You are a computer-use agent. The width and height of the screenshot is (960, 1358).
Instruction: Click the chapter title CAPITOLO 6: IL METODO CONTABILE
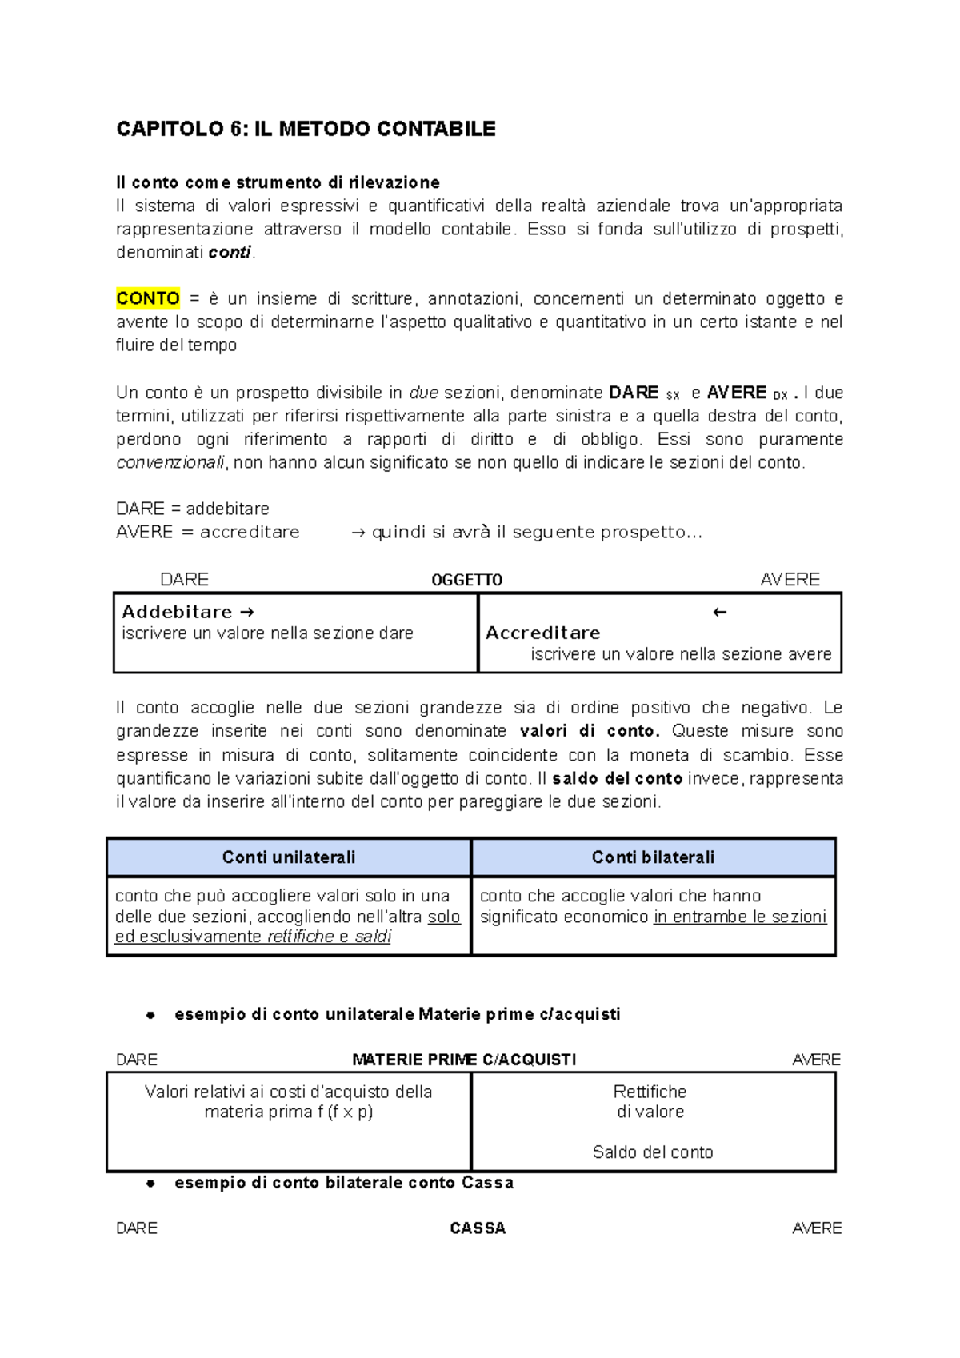pyautogui.click(x=306, y=129)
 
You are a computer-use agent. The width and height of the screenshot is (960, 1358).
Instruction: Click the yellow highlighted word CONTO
pyautogui.click(x=148, y=298)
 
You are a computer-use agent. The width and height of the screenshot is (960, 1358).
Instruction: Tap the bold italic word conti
pyautogui.click(x=230, y=253)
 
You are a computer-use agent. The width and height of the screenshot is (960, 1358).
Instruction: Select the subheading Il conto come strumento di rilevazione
pyautogui.click(x=278, y=182)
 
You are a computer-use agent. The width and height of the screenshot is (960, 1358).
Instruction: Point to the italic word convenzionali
pyautogui.click(x=170, y=462)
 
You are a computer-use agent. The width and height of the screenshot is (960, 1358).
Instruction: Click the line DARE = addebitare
pyautogui.click(x=192, y=509)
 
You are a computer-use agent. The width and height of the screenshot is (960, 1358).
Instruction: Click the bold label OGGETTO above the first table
pyautogui.click(x=466, y=580)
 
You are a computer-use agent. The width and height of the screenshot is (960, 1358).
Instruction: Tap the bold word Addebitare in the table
pyautogui.click(x=177, y=612)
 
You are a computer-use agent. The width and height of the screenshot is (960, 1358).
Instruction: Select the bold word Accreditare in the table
pyautogui.click(x=542, y=633)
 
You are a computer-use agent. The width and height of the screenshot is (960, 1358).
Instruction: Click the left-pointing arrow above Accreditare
pyautogui.click(x=719, y=613)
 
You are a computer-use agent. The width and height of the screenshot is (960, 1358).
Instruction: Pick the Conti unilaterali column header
pyautogui.click(x=288, y=857)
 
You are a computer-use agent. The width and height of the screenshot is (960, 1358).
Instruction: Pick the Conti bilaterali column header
pyautogui.click(x=653, y=857)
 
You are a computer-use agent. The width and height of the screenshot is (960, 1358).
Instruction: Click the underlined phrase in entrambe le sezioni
pyautogui.click(x=740, y=917)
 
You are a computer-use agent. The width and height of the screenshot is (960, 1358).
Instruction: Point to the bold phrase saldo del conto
pyautogui.click(x=617, y=778)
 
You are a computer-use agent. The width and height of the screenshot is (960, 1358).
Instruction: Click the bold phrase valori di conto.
pyautogui.click(x=589, y=731)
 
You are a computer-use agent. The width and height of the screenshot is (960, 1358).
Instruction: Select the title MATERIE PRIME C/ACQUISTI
pyautogui.click(x=464, y=1060)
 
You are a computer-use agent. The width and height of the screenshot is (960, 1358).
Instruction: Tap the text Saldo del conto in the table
pyautogui.click(x=652, y=1152)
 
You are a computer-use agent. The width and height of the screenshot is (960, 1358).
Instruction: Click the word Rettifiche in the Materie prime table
pyautogui.click(x=650, y=1092)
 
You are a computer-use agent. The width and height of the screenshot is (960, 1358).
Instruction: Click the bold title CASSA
pyautogui.click(x=478, y=1228)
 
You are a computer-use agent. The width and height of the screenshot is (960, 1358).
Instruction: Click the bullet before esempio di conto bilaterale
pyautogui.click(x=150, y=1184)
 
